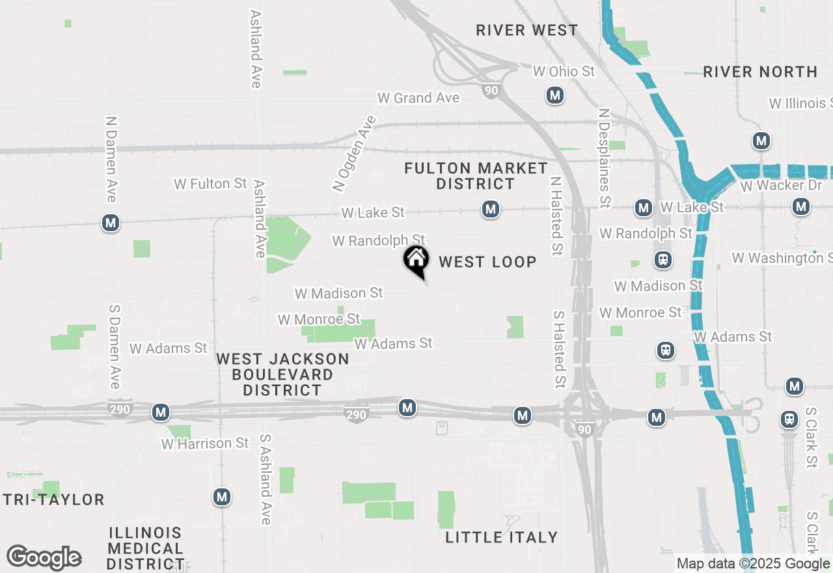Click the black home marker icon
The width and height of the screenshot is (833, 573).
pos(416,261)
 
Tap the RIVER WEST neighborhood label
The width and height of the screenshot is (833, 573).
pos(526,31)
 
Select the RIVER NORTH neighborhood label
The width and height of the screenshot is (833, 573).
pos(760,72)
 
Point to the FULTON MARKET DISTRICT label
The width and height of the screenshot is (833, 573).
pos(476,176)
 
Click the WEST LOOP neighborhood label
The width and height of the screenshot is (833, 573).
pos(487,262)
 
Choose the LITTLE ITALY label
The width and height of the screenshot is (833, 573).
pos(502,537)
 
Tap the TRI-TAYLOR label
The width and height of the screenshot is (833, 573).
pos(53,500)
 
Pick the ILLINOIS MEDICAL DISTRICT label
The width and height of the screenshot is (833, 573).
pos(146,548)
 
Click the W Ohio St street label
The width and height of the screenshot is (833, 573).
pos(564,71)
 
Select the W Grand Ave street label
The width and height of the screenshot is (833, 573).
pos(418,98)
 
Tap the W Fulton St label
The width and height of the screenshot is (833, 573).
pos(210,184)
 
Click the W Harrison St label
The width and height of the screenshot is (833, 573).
pos(205,443)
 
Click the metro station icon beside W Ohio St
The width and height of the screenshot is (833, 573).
pos(555,96)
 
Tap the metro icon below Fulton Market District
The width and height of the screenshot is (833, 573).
pos(491,209)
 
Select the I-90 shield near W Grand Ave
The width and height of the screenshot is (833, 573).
pos(491,90)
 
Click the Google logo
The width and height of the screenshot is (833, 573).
pos(44,557)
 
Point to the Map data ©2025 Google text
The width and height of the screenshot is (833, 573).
pos(753,564)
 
